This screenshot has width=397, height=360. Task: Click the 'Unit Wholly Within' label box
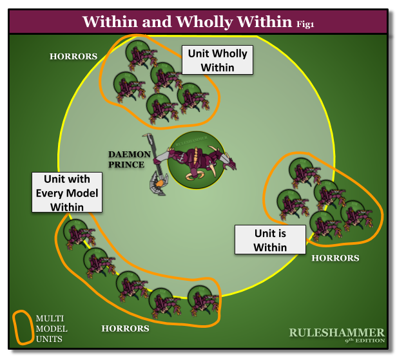pos(217,60)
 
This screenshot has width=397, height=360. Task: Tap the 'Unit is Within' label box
pos(269,240)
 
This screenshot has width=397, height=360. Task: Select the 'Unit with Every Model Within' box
pos(67,192)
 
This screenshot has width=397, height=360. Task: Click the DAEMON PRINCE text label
pos(129,159)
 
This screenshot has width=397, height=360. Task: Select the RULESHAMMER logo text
pos(336,332)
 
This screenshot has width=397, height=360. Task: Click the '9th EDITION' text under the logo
pos(365,341)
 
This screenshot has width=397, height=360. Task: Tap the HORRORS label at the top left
pos(73,57)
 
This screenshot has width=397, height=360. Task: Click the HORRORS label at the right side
pos(335,258)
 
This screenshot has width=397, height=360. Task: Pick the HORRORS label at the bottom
pos(125,328)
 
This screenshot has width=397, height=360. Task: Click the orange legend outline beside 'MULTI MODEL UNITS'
pos(23,327)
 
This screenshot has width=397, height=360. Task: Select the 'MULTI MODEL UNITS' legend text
pos(52,328)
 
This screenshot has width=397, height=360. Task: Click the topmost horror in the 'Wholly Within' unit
pos(138,53)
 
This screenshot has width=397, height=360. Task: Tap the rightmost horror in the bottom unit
pos(200,300)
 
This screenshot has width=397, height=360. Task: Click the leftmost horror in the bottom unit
pos(76,233)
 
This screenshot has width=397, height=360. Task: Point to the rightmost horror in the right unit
pos(353,214)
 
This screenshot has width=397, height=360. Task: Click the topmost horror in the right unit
pos(300,171)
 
